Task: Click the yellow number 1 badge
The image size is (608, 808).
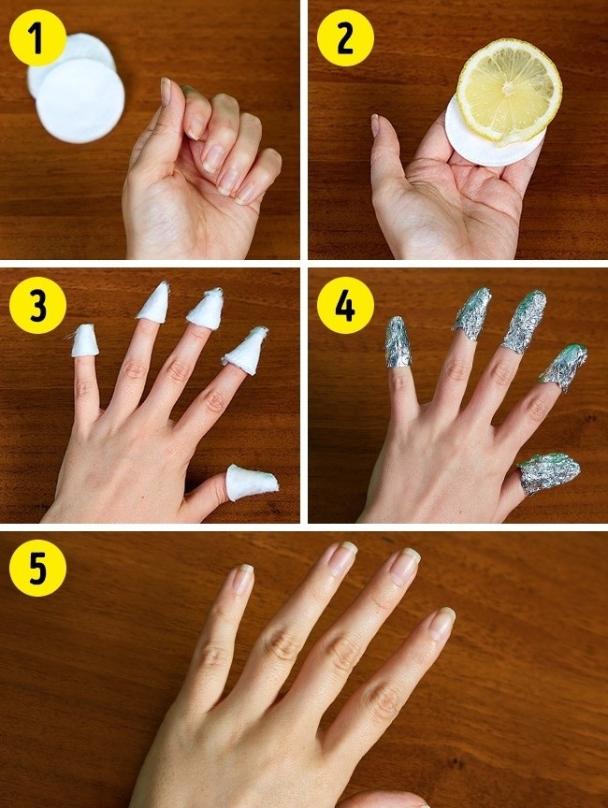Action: [37, 38]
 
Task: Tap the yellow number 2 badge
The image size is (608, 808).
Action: [345, 38]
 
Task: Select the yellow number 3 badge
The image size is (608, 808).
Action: [37, 305]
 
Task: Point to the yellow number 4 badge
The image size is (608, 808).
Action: [345, 305]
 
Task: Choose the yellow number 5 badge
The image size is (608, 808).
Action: [37, 568]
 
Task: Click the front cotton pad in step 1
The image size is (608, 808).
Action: [80, 100]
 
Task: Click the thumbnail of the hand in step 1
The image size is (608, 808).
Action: [166, 92]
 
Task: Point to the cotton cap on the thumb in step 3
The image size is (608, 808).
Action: [252, 482]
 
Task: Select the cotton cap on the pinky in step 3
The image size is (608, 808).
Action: [84, 340]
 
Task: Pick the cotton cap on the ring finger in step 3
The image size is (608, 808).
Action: [154, 303]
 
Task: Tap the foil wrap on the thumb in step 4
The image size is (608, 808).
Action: [549, 473]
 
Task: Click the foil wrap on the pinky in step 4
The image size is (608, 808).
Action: [398, 341]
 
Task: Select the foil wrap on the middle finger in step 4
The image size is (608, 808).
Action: [524, 322]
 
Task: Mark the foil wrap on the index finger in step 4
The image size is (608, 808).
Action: [564, 368]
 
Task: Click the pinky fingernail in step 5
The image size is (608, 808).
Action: [243, 579]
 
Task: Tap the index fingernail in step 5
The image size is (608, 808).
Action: [442, 623]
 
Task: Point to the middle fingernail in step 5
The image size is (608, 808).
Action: [405, 566]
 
